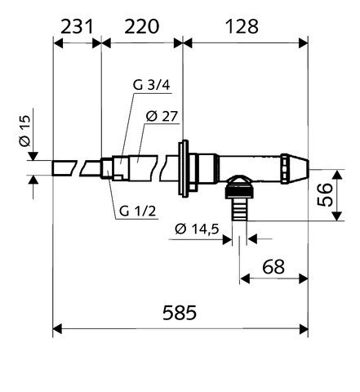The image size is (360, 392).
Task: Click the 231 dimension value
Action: pos(77,26)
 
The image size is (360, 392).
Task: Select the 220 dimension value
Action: pos(142,26)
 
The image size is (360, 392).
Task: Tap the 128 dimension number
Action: pos(242,26)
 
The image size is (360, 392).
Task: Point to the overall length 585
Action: pos(180,313)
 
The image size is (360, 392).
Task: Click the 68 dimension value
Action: pos(273,267)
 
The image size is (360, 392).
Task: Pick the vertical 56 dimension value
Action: pos(325,194)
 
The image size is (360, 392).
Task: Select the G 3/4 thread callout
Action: pos(151,85)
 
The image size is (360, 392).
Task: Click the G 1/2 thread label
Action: pos(138,211)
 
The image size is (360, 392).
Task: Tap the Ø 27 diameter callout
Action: pos(162,116)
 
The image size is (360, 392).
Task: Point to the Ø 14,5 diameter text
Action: pos(197,229)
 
